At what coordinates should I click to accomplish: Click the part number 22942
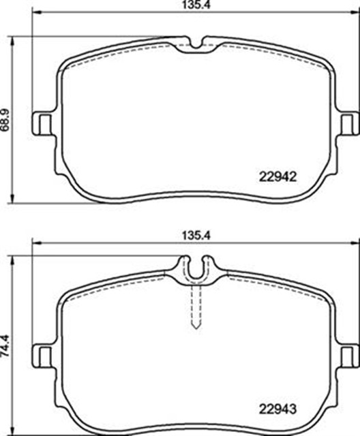point(277,176)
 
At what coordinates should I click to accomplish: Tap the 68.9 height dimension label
point(6,120)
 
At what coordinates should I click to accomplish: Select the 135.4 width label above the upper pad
point(197,5)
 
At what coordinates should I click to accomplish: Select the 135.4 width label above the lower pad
point(197,236)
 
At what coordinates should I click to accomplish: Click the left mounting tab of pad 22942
point(42,123)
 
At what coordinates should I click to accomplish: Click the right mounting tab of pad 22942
point(350,123)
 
